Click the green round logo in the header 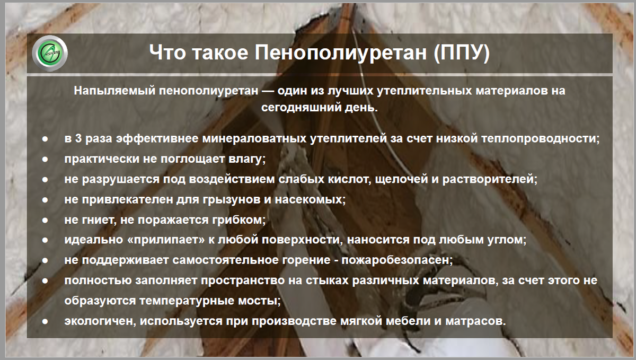(x=50, y=53)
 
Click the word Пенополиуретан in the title (x=340, y=52)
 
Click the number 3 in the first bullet (x=78, y=139)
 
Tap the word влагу (x=247, y=159)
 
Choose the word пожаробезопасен (x=397, y=260)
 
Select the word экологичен (x=100, y=321)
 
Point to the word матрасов (x=475, y=321)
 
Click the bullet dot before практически (x=45, y=160)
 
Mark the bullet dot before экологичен (x=45, y=322)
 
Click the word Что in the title (x=167, y=52)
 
